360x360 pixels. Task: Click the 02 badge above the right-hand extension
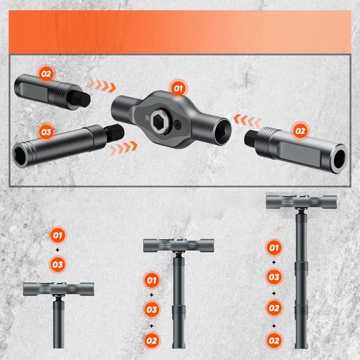tap(299, 130)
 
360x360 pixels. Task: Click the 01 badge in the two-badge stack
tap(58, 235)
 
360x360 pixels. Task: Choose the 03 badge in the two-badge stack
tap(58, 263)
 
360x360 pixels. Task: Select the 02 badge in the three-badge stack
tap(152, 340)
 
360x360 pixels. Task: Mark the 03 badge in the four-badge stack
tap(274, 277)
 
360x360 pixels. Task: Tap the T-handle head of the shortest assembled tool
tap(58, 289)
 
